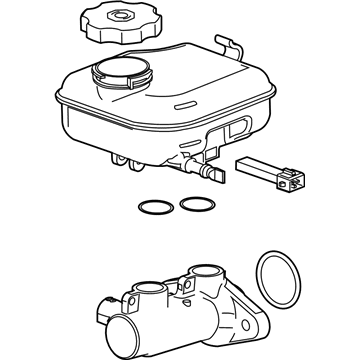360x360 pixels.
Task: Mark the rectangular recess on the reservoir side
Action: (x=240, y=129)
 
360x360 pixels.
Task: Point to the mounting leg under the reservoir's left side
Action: (x=119, y=158)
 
